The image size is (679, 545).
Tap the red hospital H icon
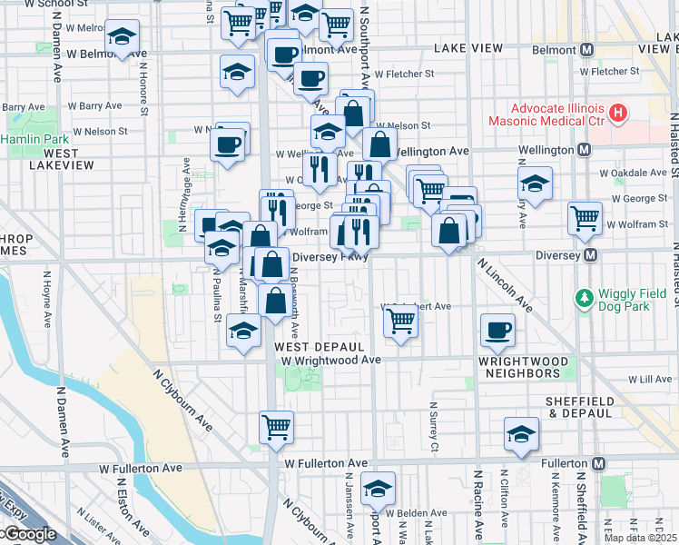tap(618, 114)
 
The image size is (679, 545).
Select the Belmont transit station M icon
tap(587, 48)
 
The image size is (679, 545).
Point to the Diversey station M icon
tap(591, 255)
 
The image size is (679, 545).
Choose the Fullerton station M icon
tap(598, 463)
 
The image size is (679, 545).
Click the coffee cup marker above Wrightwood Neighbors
tap(496, 331)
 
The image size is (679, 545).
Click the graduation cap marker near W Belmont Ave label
tap(122, 38)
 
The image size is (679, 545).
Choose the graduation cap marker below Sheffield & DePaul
tap(522, 434)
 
